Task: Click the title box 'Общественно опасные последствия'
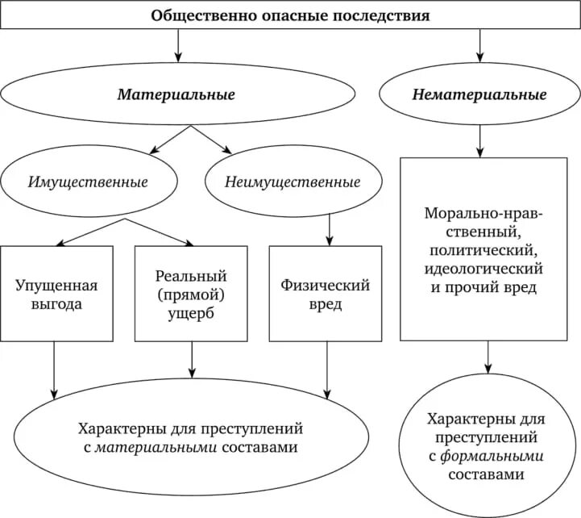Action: tap(290, 15)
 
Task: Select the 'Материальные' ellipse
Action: tap(176, 95)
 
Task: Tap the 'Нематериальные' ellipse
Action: tap(479, 95)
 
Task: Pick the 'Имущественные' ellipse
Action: tap(88, 182)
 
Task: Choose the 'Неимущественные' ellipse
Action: tap(293, 182)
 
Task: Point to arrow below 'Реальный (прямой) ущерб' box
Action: tap(191, 359)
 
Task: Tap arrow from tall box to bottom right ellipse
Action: tap(487, 357)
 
